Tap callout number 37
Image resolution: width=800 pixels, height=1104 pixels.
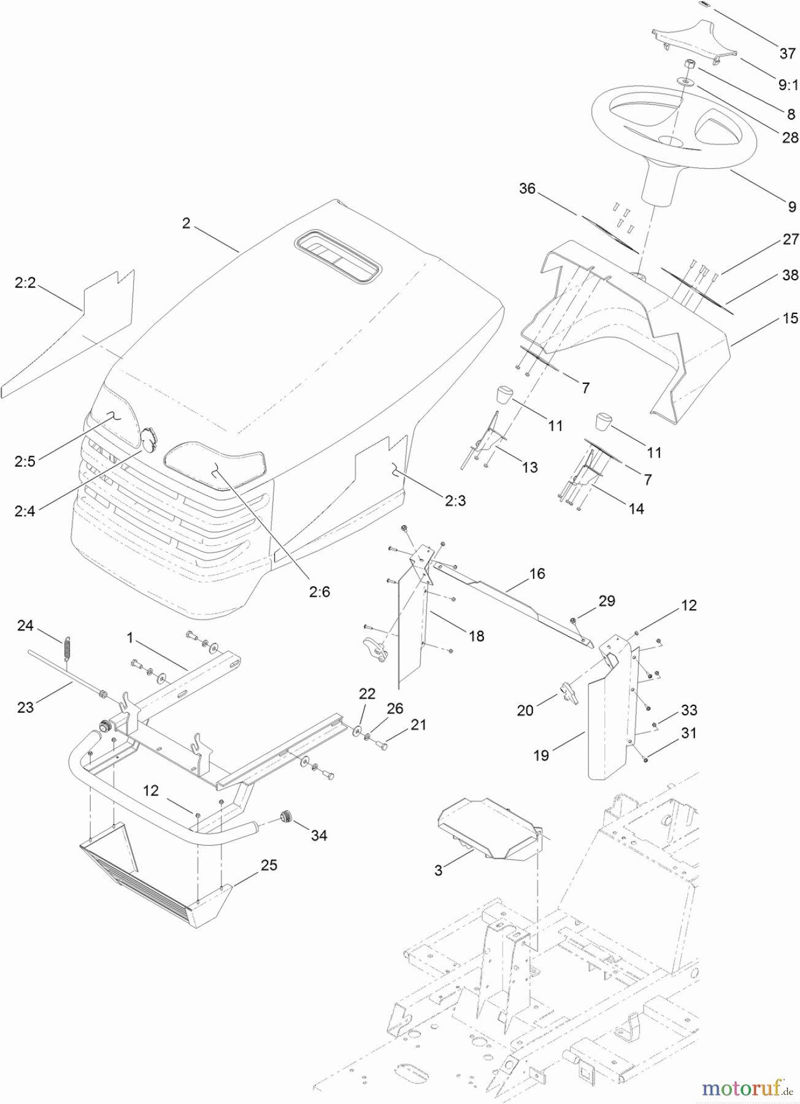[787, 53]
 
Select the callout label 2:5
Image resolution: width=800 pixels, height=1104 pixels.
[25, 461]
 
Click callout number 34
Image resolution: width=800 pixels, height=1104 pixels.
[319, 835]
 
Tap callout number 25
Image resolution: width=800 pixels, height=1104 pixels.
[269, 865]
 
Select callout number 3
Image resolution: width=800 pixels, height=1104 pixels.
[438, 870]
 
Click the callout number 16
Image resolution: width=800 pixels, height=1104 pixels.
[537, 573]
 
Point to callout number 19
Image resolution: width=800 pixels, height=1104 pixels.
[540, 755]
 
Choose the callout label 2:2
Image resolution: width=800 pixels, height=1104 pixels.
[25, 283]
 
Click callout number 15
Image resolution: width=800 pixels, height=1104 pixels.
[790, 318]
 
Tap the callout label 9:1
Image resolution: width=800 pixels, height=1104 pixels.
[788, 85]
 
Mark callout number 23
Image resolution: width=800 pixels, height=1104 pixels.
[25, 707]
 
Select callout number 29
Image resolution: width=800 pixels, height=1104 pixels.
[606, 600]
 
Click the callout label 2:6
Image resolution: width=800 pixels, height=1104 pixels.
[319, 591]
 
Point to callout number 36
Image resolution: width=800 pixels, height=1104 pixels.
[527, 188]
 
